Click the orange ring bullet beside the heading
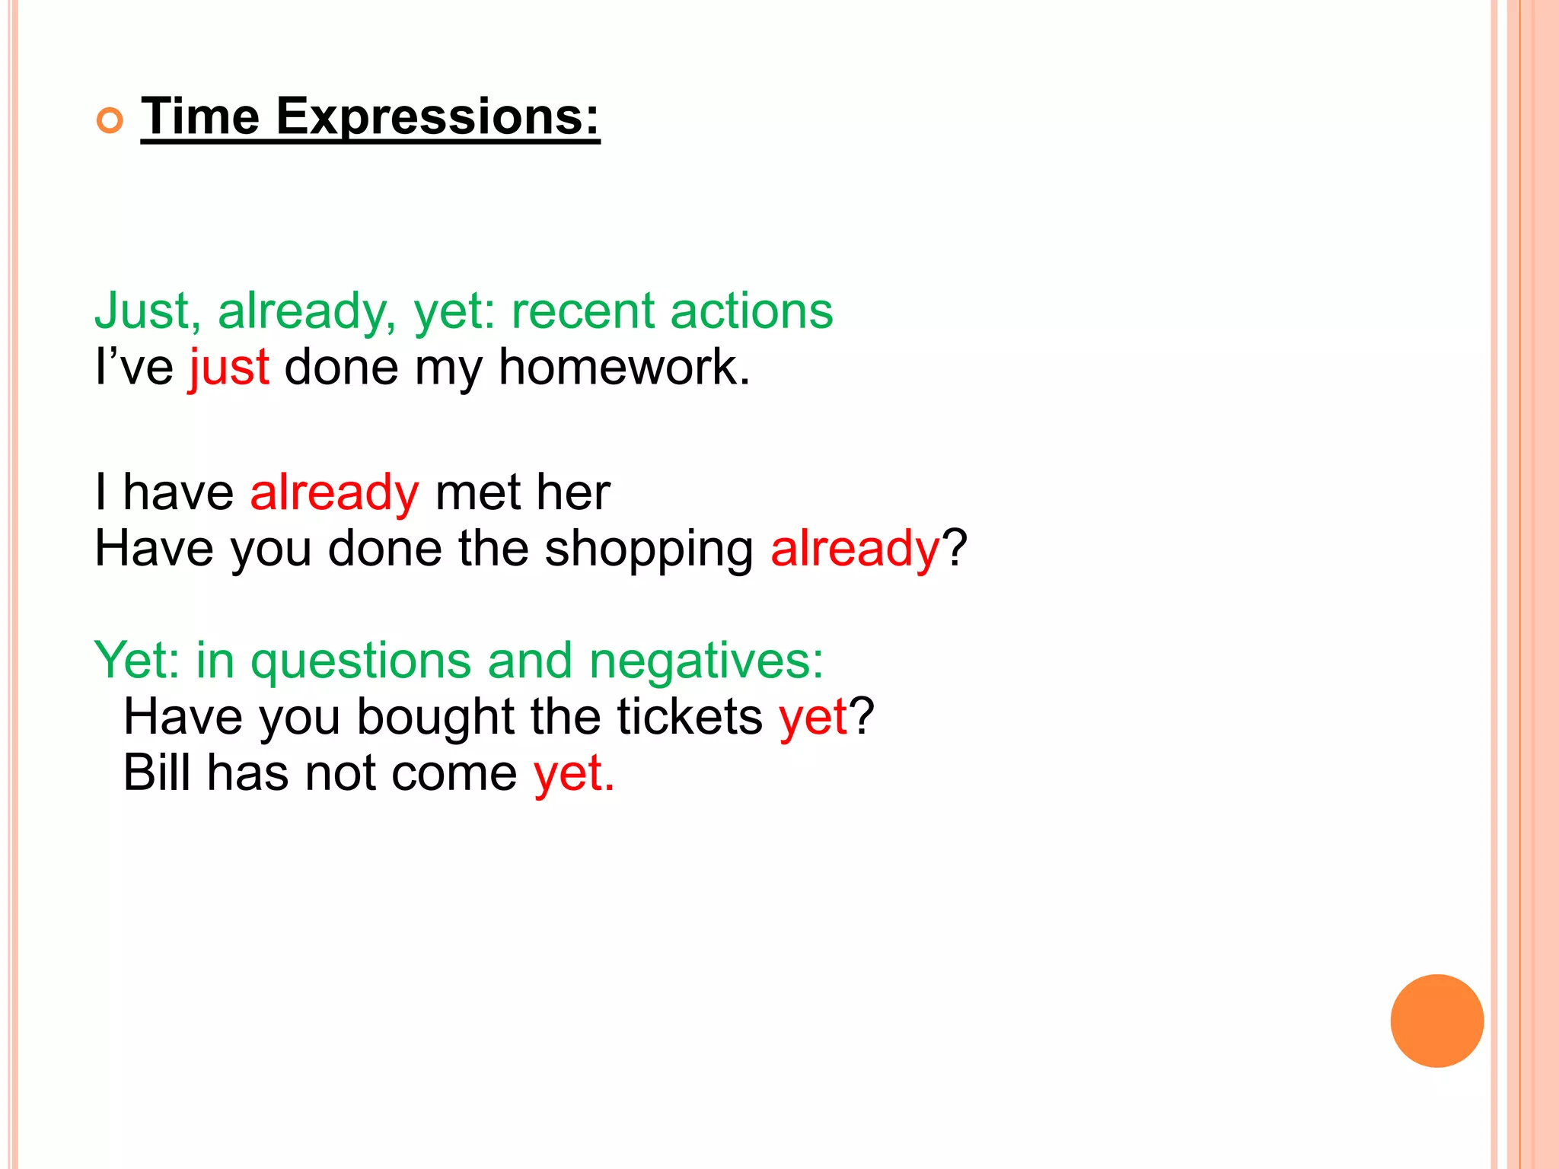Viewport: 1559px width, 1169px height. pyautogui.click(x=110, y=121)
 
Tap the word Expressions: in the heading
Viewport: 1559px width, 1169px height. pyautogui.click(x=438, y=118)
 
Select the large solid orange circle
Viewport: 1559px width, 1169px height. pyautogui.click(x=1436, y=1021)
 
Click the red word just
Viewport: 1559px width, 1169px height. pyautogui.click(x=229, y=368)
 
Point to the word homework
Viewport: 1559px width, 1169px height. pyautogui.click(x=624, y=368)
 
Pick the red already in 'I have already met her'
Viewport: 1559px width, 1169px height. pyautogui.click(x=334, y=493)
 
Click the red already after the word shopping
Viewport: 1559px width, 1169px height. pyautogui.click(x=855, y=549)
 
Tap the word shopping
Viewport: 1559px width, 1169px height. pyautogui.click(x=649, y=549)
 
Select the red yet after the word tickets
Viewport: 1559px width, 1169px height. pyautogui.click(x=812, y=718)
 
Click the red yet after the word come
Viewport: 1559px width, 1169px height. pyautogui.click(x=573, y=774)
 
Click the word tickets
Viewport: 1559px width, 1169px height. pyautogui.click(x=689, y=717)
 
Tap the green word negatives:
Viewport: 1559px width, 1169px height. pyautogui.click(x=706, y=660)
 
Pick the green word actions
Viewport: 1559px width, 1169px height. pyautogui.click(x=751, y=311)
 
